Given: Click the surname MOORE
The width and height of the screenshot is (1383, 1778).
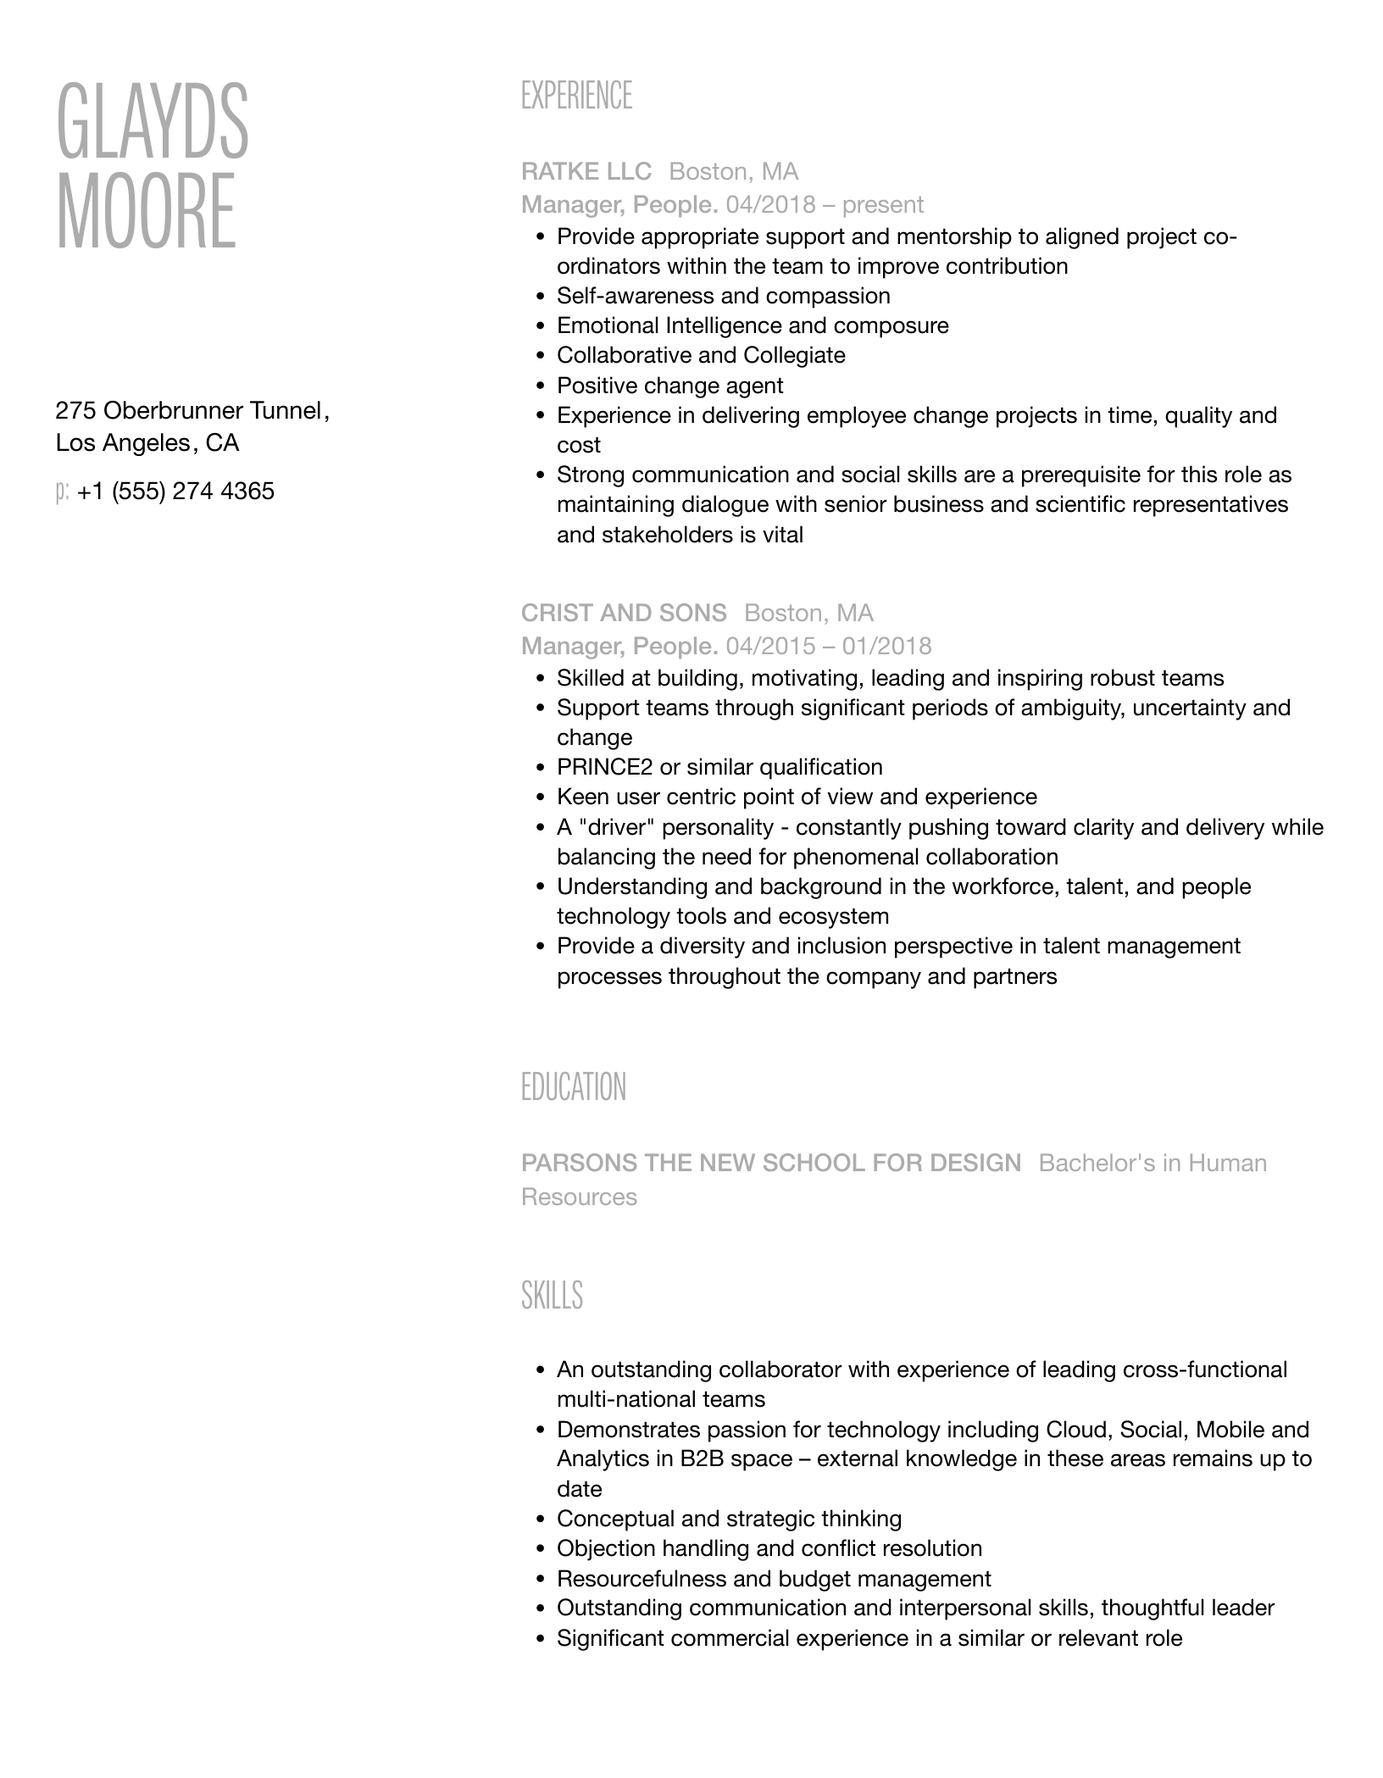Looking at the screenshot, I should pos(146,211).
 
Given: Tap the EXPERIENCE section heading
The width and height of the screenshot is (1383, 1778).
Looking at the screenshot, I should pos(576,96).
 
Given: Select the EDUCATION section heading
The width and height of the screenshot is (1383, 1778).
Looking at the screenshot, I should pos(574,1087).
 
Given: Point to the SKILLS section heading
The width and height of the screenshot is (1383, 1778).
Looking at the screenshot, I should pos(552,1296).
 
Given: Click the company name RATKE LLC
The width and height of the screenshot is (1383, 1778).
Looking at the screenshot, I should pos(586,172).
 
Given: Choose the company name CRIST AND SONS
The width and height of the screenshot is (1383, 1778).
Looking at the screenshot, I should pos(624,613).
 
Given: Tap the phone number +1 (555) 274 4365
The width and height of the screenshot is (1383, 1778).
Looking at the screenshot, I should pos(175,492).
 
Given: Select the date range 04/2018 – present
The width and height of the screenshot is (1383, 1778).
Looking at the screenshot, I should pos(825,205).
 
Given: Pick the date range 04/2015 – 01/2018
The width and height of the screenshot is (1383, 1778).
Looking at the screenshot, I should pos(828,647).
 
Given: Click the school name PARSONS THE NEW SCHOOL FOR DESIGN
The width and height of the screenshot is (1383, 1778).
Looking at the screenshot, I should pos(771,1164).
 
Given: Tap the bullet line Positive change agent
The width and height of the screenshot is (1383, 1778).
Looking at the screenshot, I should pos(669,386).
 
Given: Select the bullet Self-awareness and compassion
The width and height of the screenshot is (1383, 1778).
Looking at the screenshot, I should pos(723,297).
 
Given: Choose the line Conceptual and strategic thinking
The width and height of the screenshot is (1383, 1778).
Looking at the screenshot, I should pos(729,1519).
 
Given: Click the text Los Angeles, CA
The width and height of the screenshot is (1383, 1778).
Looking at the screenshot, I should pos(147,443).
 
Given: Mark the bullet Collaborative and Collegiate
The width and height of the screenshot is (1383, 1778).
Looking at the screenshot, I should pos(701,356).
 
